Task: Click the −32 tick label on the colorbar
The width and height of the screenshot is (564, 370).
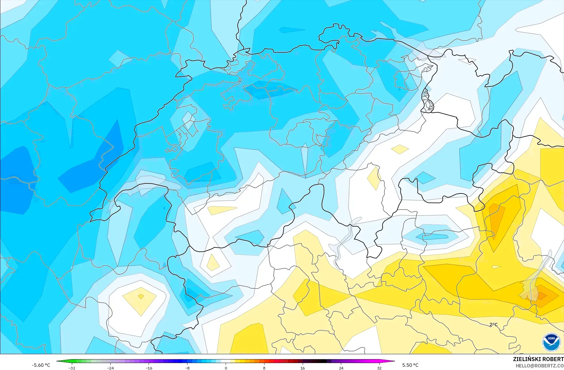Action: [x=72, y=368]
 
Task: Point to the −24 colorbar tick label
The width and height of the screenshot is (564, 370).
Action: [x=110, y=368]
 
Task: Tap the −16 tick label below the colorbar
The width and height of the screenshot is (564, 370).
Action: [x=149, y=368]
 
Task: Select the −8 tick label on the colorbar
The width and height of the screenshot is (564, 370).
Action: [x=187, y=368]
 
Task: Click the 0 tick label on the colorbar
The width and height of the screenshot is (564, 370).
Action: [x=226, y=368]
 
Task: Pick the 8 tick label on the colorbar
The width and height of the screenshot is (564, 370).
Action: [x=264, y=368]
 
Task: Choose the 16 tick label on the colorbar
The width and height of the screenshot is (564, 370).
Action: [x=302, y=368]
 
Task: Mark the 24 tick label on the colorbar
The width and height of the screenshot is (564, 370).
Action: [x=341, y=368]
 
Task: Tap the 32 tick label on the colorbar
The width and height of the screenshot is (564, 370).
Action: [x=379, y=368]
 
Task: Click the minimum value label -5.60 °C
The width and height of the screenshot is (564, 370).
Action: [x=41, y=365]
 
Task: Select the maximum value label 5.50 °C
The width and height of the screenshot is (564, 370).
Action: [x=410, y=365]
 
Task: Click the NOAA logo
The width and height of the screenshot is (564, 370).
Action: [x=551, y=342]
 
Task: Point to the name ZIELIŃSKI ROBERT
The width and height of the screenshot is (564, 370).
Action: [x=538, y=359]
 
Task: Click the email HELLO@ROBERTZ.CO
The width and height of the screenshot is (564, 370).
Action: [x=539, y=366]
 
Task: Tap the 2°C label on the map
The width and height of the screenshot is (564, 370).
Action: [x=493, y=325]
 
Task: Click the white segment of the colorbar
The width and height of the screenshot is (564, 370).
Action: [x=226, y=361]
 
